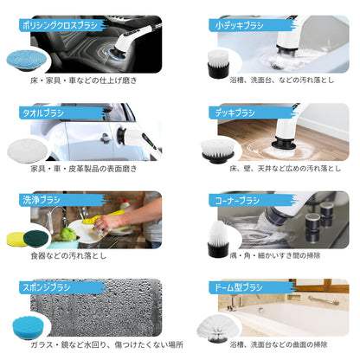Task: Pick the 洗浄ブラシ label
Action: click(42, 200)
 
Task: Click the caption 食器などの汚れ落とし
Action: click(67, 257)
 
